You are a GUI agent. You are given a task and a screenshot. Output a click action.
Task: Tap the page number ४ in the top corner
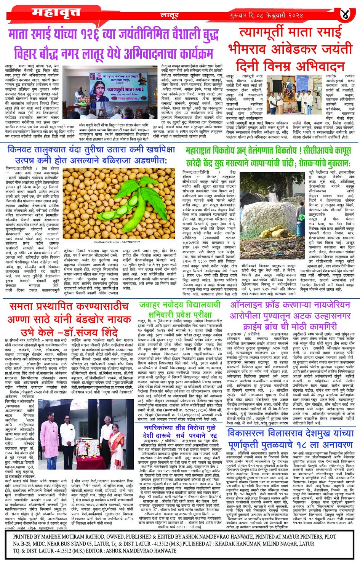(x=346, y=14)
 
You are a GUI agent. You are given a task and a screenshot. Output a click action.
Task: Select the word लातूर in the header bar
(x=170, y=16)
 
